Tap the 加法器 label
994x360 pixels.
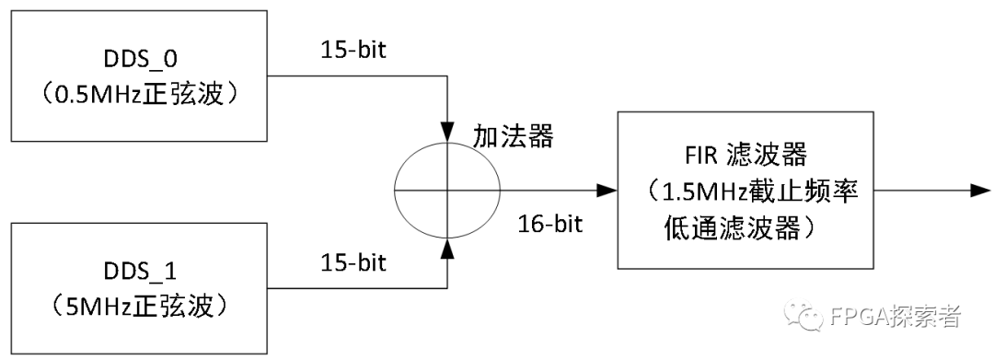point(514,136)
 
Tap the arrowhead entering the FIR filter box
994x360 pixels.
point(607,191)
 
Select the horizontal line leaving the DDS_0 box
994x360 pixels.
point(359,76)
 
